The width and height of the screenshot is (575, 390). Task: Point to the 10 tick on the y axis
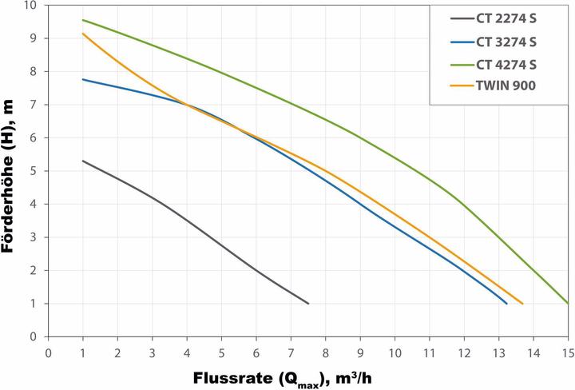pyautogui.click(x=30, y=6)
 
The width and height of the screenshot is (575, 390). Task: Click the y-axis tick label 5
pyautogui.click(x=34, y=171)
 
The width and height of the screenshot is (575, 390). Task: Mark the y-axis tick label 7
pyautogui.click(x=34, y=105)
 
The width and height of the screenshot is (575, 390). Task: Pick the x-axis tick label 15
pyautogui.click(x=567, y=352)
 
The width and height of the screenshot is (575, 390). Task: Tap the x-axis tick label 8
pyautogui.click(x=325, y=352)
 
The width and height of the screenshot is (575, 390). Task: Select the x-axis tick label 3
pyautogui.click(x=152, y=352)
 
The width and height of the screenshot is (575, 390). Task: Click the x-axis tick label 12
pyautogui.click(x=463, y=352)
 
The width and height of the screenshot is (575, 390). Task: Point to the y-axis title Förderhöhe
pyautogui.click(x=11, y=171)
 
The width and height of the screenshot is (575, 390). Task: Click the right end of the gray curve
pyautogui.click(x=308, y=304)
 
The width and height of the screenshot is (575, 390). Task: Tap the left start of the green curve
pyautogui.click(x=83, y=20)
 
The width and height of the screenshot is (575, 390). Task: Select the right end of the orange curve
pyautogui.click(x=522, y=304)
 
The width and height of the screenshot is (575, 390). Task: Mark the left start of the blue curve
pyautogui.click(x=83, y=79)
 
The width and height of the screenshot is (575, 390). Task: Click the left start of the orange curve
pyautogui.click(x=83, y=34)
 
